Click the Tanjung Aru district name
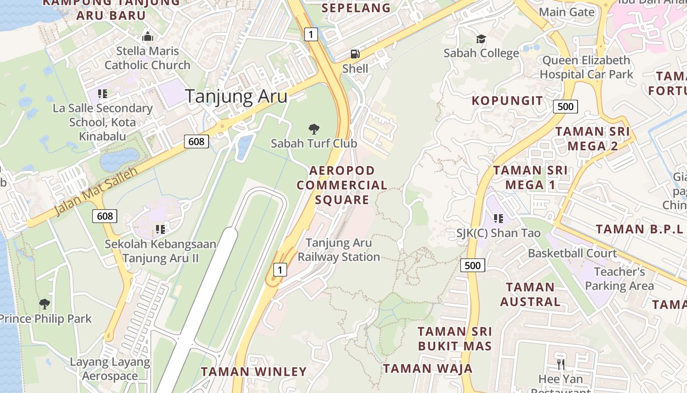[236, 96]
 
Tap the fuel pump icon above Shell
[354, 54]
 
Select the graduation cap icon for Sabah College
[481, 39]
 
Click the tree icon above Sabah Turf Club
[314, 129]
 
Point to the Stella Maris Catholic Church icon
[147, 36]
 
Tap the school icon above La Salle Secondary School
[103, 93]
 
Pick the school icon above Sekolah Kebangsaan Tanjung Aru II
[160, 229]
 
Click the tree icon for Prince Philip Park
[45, 304]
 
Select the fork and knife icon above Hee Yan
[560, 365]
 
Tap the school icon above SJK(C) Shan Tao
[499, 218]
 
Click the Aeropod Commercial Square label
[342, 185]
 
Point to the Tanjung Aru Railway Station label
[339, 250]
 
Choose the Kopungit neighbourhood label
[507, 101]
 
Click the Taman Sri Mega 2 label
[593, 139]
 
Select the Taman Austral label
[530, 294]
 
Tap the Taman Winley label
[254, 371]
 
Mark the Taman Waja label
[428, 368]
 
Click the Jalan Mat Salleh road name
[96, 191]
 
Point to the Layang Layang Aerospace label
[110, 369]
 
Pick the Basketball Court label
[572, 253]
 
